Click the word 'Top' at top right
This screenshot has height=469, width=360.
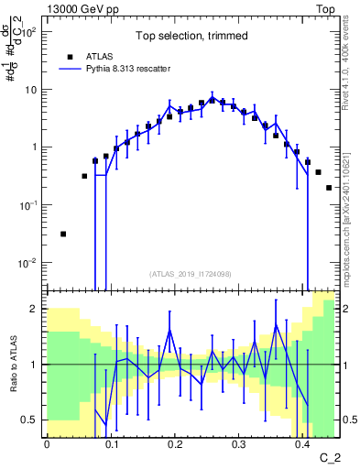click(x=325, y=8)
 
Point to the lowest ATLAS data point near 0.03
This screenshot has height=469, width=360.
click(x=63, y=234)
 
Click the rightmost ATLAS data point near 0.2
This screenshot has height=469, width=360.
click(x=329, y=187)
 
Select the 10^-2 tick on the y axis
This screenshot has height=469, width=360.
click(x=30, y=263)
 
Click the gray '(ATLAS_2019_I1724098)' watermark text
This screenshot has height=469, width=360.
click(x=191, y=274)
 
